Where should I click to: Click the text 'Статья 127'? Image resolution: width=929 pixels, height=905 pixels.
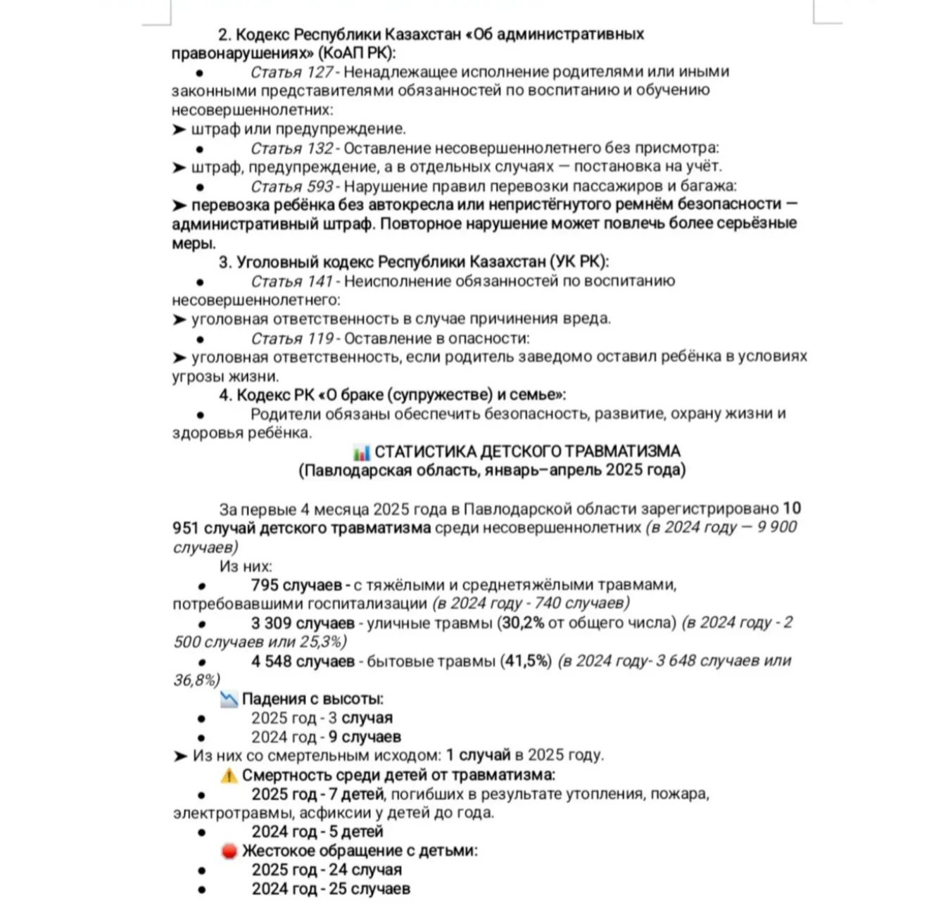point(291,72)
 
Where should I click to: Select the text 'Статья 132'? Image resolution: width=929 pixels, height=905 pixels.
point(291,148)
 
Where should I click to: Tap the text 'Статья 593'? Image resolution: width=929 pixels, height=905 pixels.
point(291,186)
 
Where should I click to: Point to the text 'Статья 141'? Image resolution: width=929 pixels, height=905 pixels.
point(291,281)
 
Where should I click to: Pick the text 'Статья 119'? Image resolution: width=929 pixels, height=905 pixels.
point(291,338)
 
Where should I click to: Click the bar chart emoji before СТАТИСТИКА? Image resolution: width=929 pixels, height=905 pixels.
point(362,452)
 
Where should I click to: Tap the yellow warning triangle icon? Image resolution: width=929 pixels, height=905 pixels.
point(229,776)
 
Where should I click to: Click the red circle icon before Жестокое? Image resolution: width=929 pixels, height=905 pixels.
point(229,852)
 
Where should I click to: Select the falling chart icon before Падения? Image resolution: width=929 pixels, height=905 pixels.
point(229,700)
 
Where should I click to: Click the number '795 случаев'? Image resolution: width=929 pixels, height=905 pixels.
point(296,586)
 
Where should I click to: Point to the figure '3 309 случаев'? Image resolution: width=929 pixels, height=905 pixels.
point(303,624)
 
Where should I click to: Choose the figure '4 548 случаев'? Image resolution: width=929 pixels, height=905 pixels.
point(303,662)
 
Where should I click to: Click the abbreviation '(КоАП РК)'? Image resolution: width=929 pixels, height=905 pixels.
point(357,53)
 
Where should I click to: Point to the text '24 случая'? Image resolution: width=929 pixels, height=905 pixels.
point(365,871)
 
